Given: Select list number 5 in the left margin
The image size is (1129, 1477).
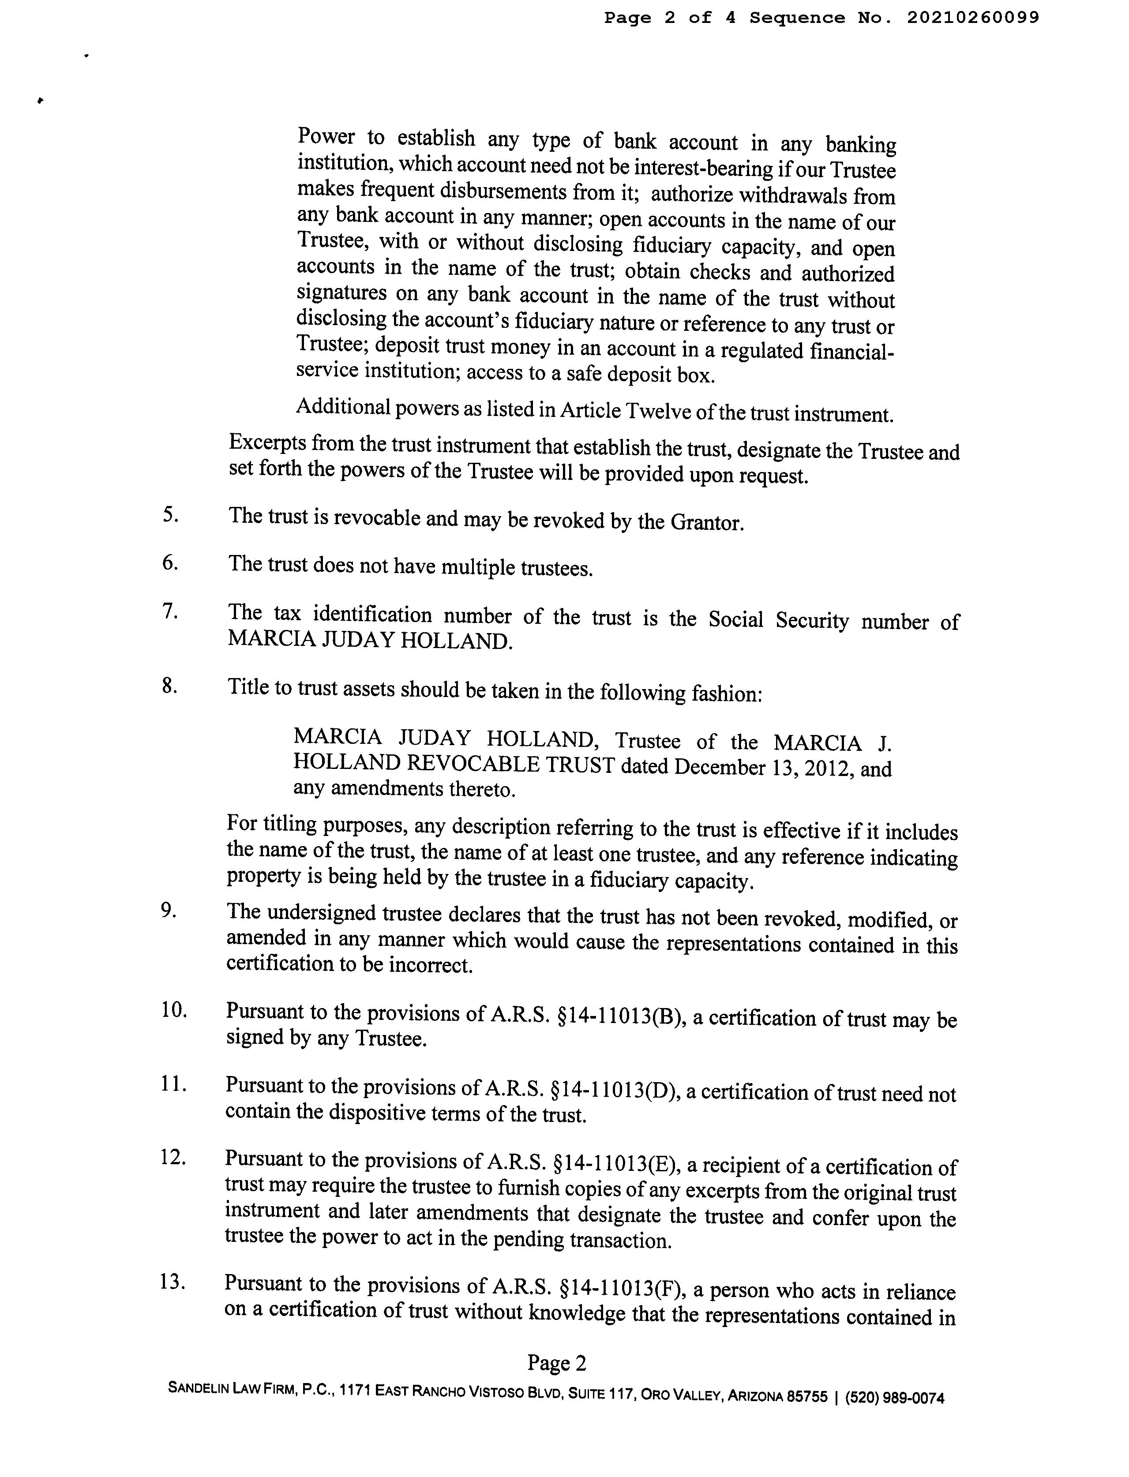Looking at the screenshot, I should point(170,515).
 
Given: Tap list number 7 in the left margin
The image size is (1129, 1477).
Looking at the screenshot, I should point(170,611).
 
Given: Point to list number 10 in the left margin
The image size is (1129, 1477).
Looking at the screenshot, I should point(173,1009).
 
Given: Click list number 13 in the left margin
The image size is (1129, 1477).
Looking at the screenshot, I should point(173,1282).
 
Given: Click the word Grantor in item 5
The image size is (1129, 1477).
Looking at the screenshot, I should point(706,522).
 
